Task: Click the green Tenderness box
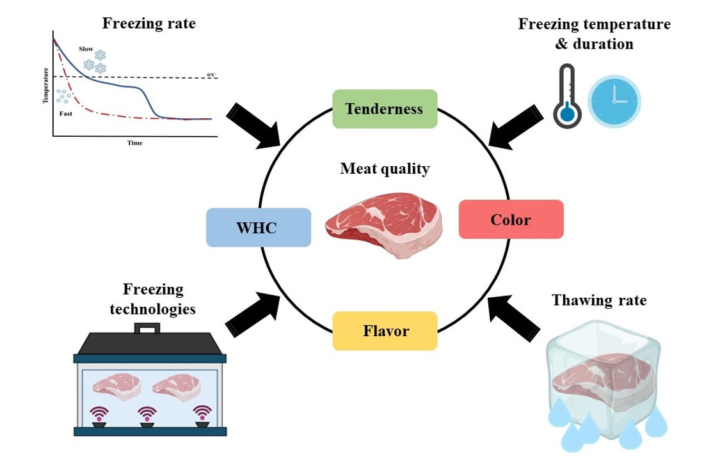click(x=384, y=109)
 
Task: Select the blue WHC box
click(x=259, y=228)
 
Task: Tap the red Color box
click(x=511, y=220)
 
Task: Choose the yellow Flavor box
click(x=385, y=331)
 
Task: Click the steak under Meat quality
click(x=383, y=226)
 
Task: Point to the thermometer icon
click(x=565, y=97)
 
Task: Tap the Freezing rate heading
click(x=148, y=24)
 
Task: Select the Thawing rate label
click(x=599, y=300)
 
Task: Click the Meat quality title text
click(x=385, y=169)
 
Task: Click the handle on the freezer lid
click(x=148, y=330)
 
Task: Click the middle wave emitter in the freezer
click(x=148, y=417)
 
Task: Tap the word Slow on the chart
click(x=86, y=49)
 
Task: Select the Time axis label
click(x=134, y=143)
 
